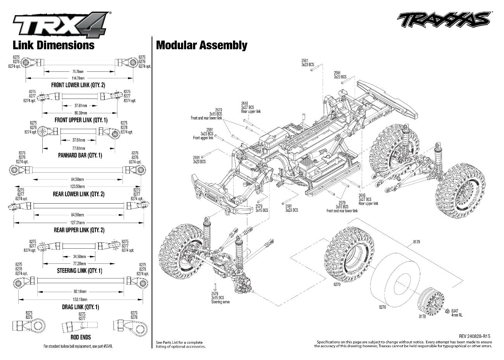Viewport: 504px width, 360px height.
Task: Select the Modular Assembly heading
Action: (x=201, y=45)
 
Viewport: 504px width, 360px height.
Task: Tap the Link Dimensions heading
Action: (x=54, y=45)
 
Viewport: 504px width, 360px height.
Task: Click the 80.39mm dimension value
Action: (x=80, y=113)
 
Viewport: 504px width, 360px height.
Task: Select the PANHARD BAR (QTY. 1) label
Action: (x=80, y=155)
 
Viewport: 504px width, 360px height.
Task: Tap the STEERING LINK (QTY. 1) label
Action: (x=79, y=270)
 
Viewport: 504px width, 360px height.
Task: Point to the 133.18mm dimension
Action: (x=80, y=299)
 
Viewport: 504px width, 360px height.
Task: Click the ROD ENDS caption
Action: (x=80, y=337)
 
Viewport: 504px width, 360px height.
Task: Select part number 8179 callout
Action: (x=416, y=242)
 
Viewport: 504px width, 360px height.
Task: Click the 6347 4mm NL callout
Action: (x=457, y=313)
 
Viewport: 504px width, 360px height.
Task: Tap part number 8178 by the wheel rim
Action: (x=422, y=317)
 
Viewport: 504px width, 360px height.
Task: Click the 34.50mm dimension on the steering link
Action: (x=79, y=257)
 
